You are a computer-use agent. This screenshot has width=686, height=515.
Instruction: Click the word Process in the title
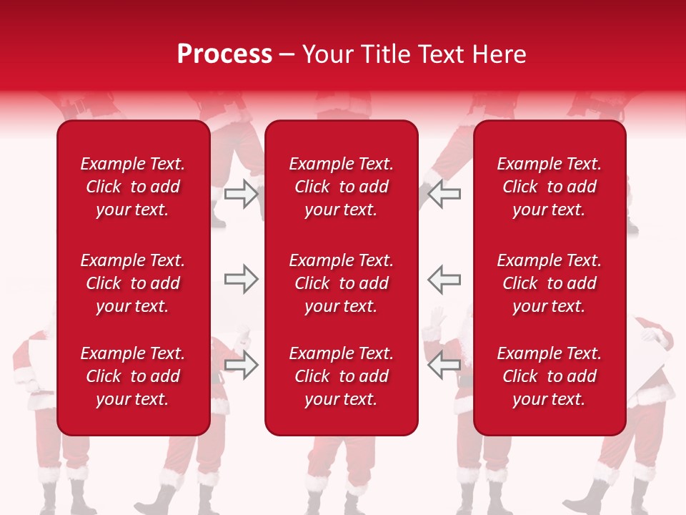[224, 54]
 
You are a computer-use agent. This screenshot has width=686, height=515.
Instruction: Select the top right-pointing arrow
[241, 194]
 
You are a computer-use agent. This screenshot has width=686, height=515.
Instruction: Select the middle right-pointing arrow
[241, 279]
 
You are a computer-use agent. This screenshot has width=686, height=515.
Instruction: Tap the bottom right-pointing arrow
[241, 365]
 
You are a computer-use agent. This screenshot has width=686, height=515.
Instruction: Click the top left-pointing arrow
[444, 194]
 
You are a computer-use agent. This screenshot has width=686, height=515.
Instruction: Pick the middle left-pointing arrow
[444, 279]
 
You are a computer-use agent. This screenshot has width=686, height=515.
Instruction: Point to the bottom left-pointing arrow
[444, 365]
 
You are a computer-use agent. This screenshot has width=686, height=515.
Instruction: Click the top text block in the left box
[133, 187]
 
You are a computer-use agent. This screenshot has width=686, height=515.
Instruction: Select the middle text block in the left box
[133, 283]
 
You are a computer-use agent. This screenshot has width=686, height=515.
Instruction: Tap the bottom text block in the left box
[133, 376]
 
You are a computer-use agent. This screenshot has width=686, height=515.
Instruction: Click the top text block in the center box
[341, 187]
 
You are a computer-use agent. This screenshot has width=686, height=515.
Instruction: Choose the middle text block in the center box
[341, 283]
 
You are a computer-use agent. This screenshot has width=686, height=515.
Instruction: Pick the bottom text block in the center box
[341, 376]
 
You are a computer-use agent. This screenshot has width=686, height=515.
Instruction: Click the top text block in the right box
[549, 187]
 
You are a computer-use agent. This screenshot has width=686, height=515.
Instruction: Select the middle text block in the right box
[549, 283]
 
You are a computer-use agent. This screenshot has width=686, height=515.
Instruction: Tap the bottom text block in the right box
[549, 376]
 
